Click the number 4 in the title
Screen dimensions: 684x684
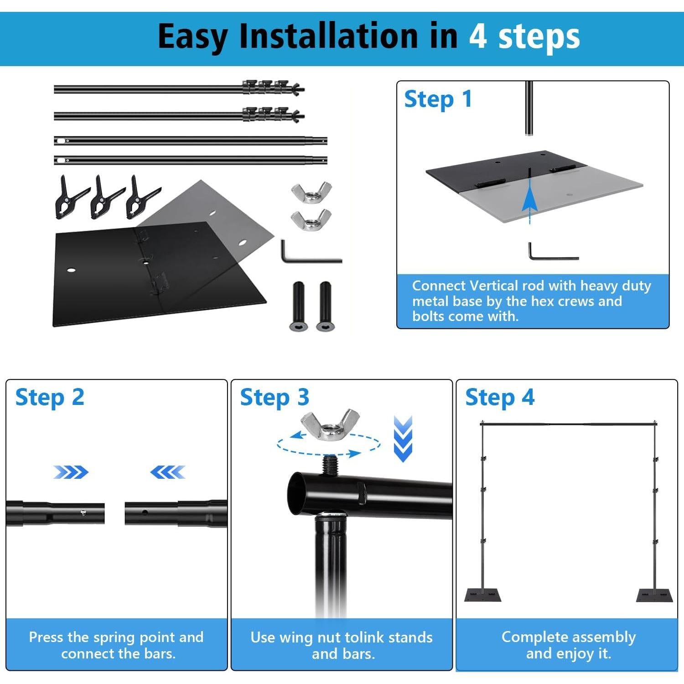[478, 36]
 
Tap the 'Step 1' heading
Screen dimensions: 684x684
[438, 99]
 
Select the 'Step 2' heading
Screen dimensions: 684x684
[50, 398]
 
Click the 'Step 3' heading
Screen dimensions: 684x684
[275, 398]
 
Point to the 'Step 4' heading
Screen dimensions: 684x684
[500, 398]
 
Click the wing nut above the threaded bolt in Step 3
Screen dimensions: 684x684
[330, 425]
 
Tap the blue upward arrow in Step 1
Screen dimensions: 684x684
[529, 201]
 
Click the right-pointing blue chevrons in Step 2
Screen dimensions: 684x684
[71, 472]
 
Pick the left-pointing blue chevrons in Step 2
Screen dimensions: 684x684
[168, 472]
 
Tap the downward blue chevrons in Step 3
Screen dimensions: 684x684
[403, 439]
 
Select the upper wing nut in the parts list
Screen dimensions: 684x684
[311, 193]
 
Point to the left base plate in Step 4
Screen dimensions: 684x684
[482, 595]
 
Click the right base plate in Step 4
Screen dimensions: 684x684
[655, 595]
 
